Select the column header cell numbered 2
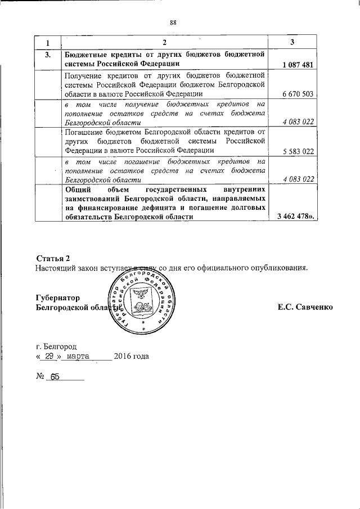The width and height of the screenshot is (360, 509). (165, 43)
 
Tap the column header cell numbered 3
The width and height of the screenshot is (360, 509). (292, 43)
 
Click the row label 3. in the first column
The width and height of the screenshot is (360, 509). (48, 55)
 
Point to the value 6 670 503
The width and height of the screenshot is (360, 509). (296, 94)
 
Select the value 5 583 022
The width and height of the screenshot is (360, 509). (296, 151)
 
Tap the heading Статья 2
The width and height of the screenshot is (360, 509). (52, 258)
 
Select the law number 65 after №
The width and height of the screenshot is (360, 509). (55, 377)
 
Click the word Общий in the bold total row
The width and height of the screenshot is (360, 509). (78, 191)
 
